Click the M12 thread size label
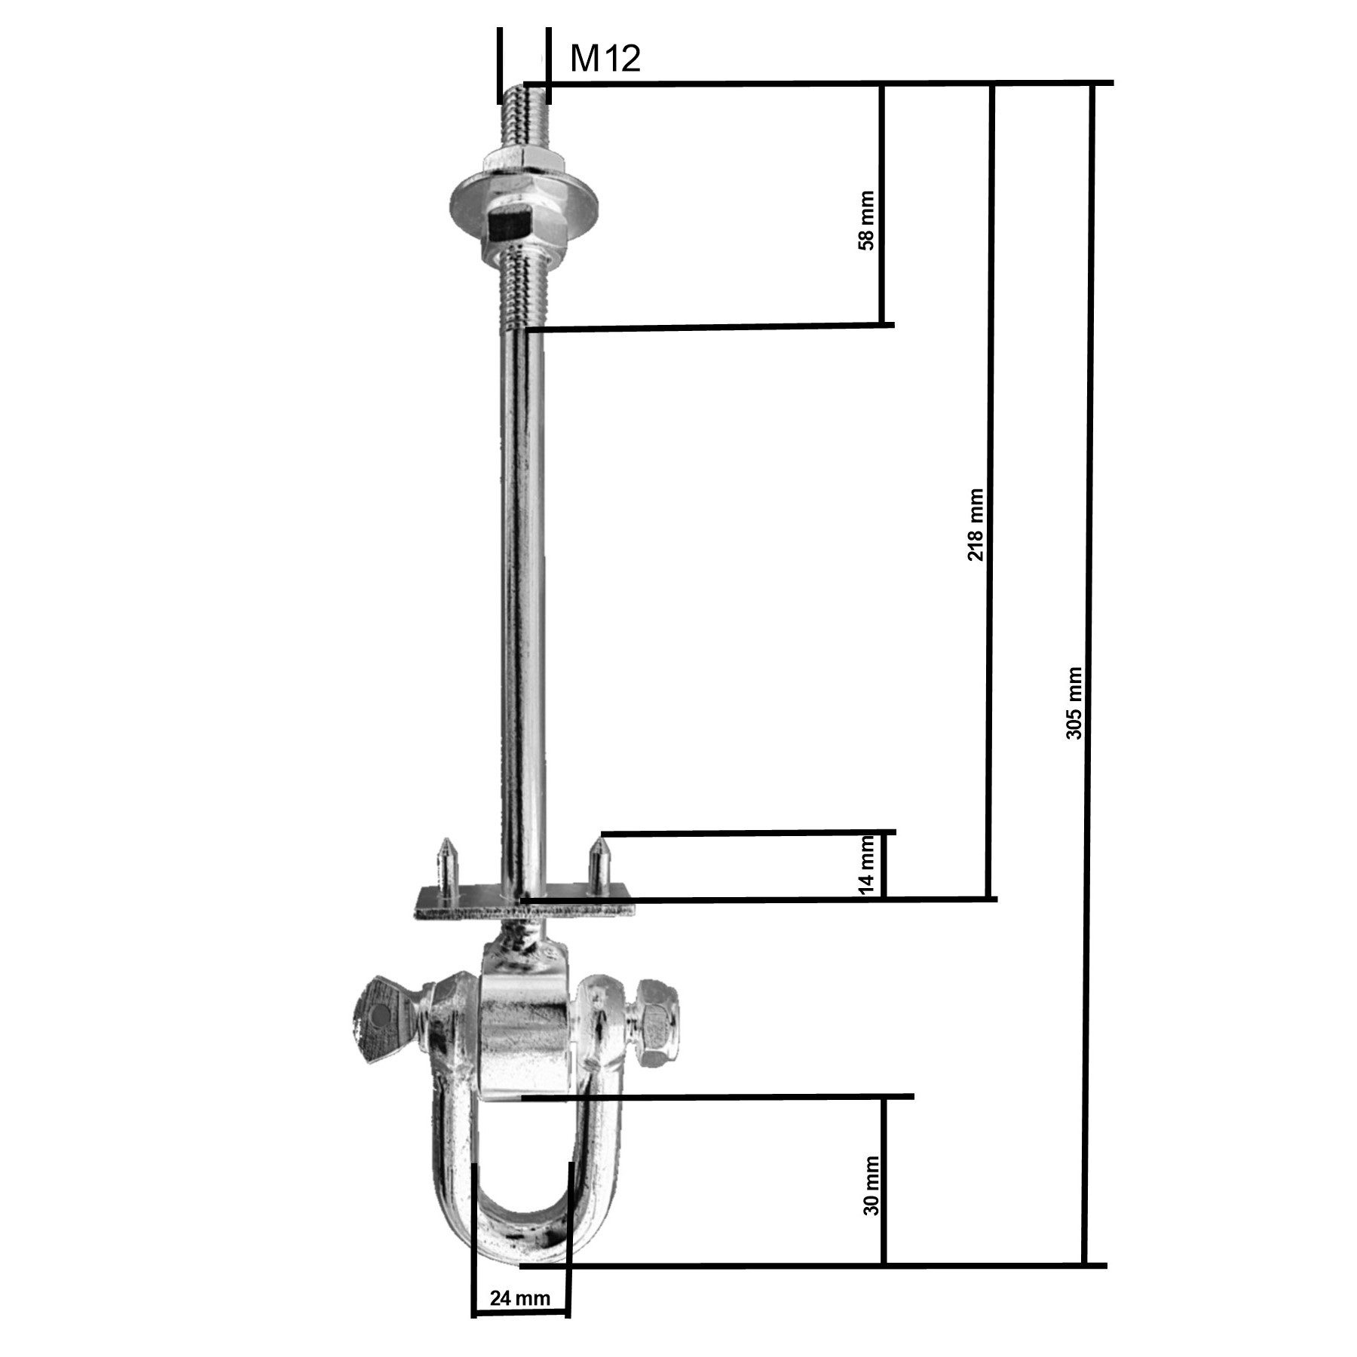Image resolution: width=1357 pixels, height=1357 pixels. click(605, 58)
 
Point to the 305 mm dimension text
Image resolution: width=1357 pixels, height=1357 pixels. click(1074, 703)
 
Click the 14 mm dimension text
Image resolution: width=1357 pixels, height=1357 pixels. click(868, 865)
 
